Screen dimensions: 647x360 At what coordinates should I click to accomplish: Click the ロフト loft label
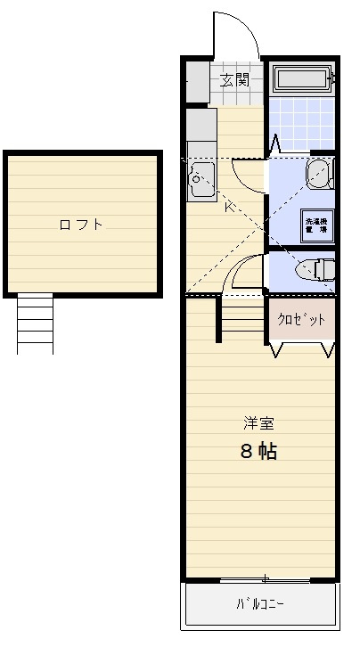tap(81, 225)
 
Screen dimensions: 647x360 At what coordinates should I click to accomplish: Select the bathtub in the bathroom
tap(302, 79)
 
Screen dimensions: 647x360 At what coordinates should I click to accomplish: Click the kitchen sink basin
tap(197, 183)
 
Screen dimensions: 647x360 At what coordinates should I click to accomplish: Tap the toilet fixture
tap(315, 268)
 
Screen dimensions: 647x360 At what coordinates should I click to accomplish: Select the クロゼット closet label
tap(301, 319)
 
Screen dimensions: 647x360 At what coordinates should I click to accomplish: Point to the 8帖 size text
tap(258, 451)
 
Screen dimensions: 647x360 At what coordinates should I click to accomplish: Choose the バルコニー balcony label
tap(260, 604)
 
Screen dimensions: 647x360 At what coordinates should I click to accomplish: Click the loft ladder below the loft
tap(35, 323)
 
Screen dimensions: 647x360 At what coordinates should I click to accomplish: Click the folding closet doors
tap(302, 348)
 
